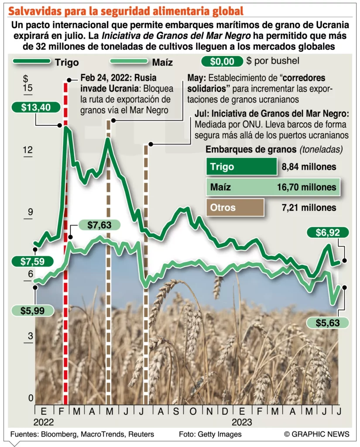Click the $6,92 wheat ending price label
click(327, 233)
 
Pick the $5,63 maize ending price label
click(327, 323)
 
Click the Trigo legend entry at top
click(66, 62)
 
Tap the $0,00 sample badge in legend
click(221, 62)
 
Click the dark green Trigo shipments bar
click(241, 167)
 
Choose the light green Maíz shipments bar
click(272, 187)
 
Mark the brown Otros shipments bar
click(234, 208)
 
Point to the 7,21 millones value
click(309, 208)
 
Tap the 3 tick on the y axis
click(29, 336)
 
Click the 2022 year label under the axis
click(43, 422)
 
